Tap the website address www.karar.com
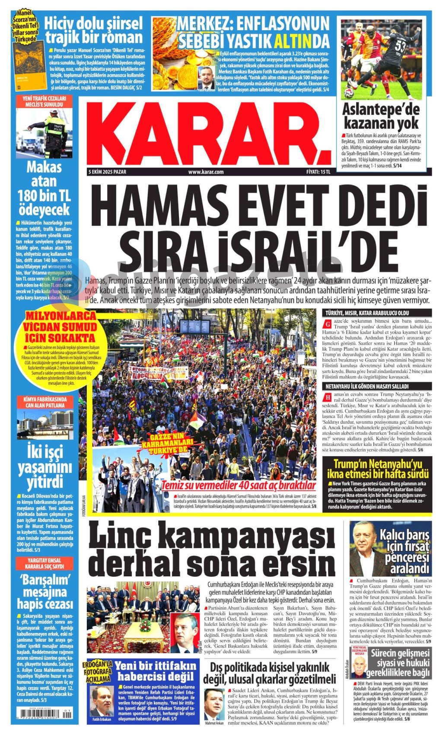tap(206, 172)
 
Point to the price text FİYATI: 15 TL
tap(318, 172)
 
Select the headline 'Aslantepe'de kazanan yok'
tap(381, 116)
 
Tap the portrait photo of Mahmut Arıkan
tap(215, 706)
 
